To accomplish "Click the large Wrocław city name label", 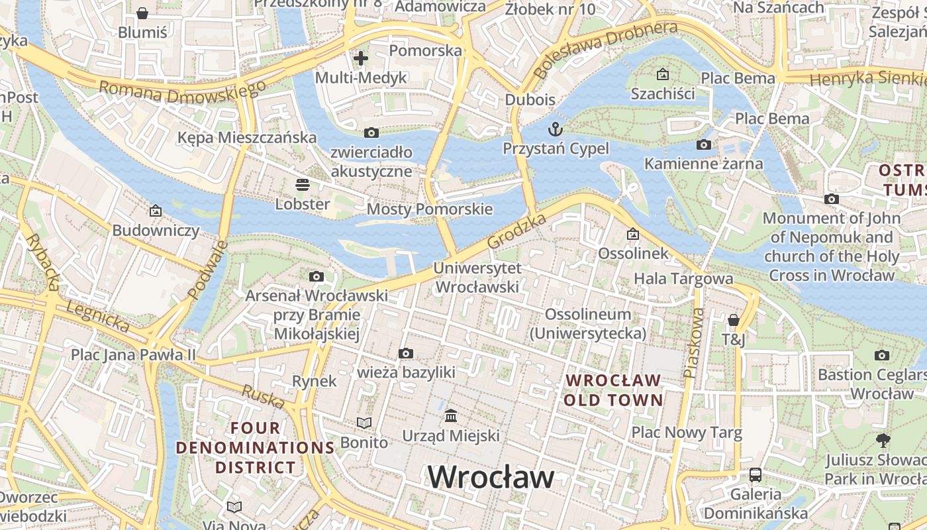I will point(491,477).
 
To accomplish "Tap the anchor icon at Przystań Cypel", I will point(556,130).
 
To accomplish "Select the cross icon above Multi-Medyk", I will point(360,58).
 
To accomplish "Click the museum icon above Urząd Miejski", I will point(451,416).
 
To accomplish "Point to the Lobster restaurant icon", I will point(303,184).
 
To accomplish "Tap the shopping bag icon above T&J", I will point(733,321).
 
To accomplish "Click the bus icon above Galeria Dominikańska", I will point(756,474).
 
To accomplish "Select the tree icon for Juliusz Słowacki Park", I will point(883,440).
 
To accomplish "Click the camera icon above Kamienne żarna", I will point(704,144).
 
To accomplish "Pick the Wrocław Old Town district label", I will point(612,390).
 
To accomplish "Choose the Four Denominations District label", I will point(256,448).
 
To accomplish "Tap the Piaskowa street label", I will point(694,343).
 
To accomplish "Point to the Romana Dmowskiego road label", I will point(182,93).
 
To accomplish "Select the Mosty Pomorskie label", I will point(430,209).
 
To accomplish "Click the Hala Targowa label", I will point(683,279).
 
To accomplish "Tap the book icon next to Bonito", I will point(364,423).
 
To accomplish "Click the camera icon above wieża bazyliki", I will point(406,354).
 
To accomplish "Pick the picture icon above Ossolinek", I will point(633,234).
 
